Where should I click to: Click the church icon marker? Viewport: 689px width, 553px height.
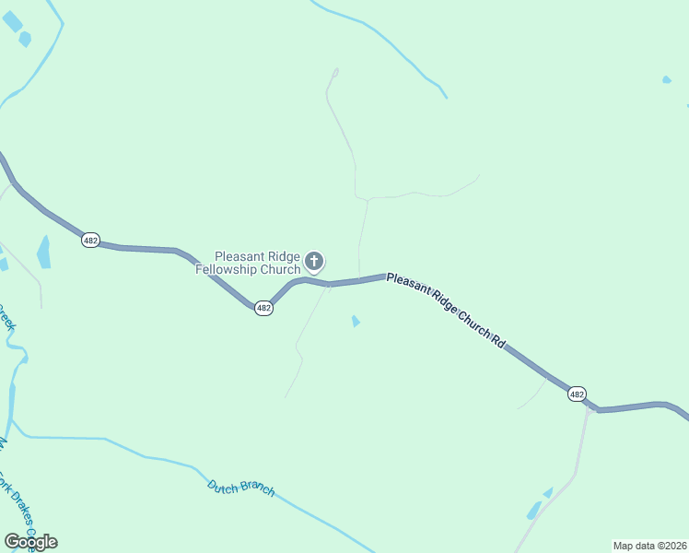(x=314, y=263)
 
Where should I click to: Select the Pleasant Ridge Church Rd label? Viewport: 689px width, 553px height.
(x=447, y=309)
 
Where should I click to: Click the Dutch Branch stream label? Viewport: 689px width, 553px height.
(x=240, y=488)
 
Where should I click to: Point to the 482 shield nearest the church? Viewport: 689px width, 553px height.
(x=263, y=308)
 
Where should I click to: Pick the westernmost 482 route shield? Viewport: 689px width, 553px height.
(x=90, y=240)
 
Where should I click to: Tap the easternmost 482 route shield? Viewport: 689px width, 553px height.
(x=577, y=394)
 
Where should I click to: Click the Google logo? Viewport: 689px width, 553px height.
(x=30, y=542)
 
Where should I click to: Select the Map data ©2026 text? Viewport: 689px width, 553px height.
(x=649, y=546)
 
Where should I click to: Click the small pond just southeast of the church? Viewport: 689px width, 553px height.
(x=356, y=321)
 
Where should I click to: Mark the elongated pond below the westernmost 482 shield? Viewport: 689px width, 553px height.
(x=44, y=252)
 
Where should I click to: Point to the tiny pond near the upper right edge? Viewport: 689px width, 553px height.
(x=666, y=80)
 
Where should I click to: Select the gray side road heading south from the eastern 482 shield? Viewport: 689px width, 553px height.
(x=578, y=461)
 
